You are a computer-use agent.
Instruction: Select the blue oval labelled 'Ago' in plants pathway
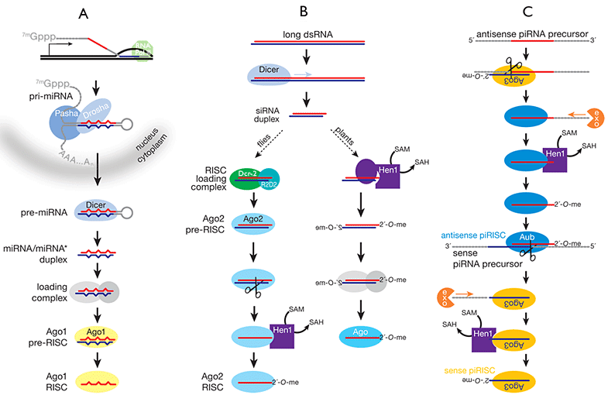point(364,337)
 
